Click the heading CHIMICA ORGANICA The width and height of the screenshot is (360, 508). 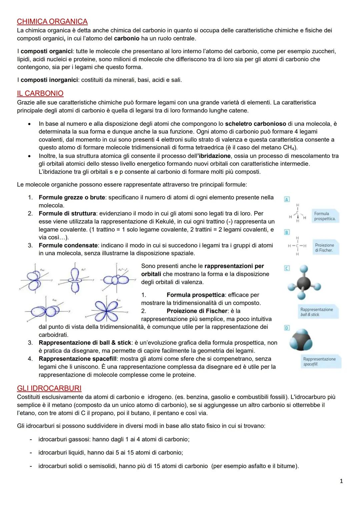tap(52, 22)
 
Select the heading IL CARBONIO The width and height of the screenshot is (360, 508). tap(40, 93)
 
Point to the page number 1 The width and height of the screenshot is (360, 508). tap(341, 481)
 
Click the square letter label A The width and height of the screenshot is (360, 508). tap(287, 199)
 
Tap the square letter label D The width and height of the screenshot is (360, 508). tap(287, 328)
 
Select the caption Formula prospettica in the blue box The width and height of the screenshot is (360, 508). tap(324, 216)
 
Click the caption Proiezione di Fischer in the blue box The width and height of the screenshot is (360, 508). tap(324, 248)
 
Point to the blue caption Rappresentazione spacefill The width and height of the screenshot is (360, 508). tap(319, 361)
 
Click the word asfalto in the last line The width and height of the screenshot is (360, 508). tap(257, 466)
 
